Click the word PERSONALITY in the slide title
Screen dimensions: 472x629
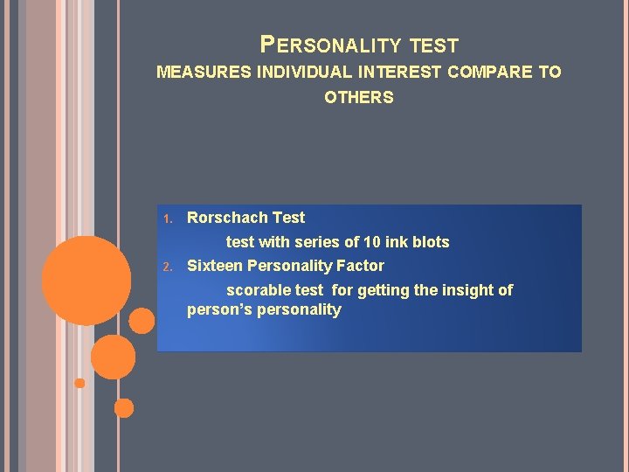[x=330, y=45]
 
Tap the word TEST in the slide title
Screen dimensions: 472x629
[x=433, y=45]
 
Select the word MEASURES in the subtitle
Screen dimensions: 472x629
[x=204, y=73]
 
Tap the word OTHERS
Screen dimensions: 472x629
[x=359, y=98]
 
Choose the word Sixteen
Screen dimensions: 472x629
[x=215, y=266]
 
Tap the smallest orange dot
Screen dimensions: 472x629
[x=79, y=383]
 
